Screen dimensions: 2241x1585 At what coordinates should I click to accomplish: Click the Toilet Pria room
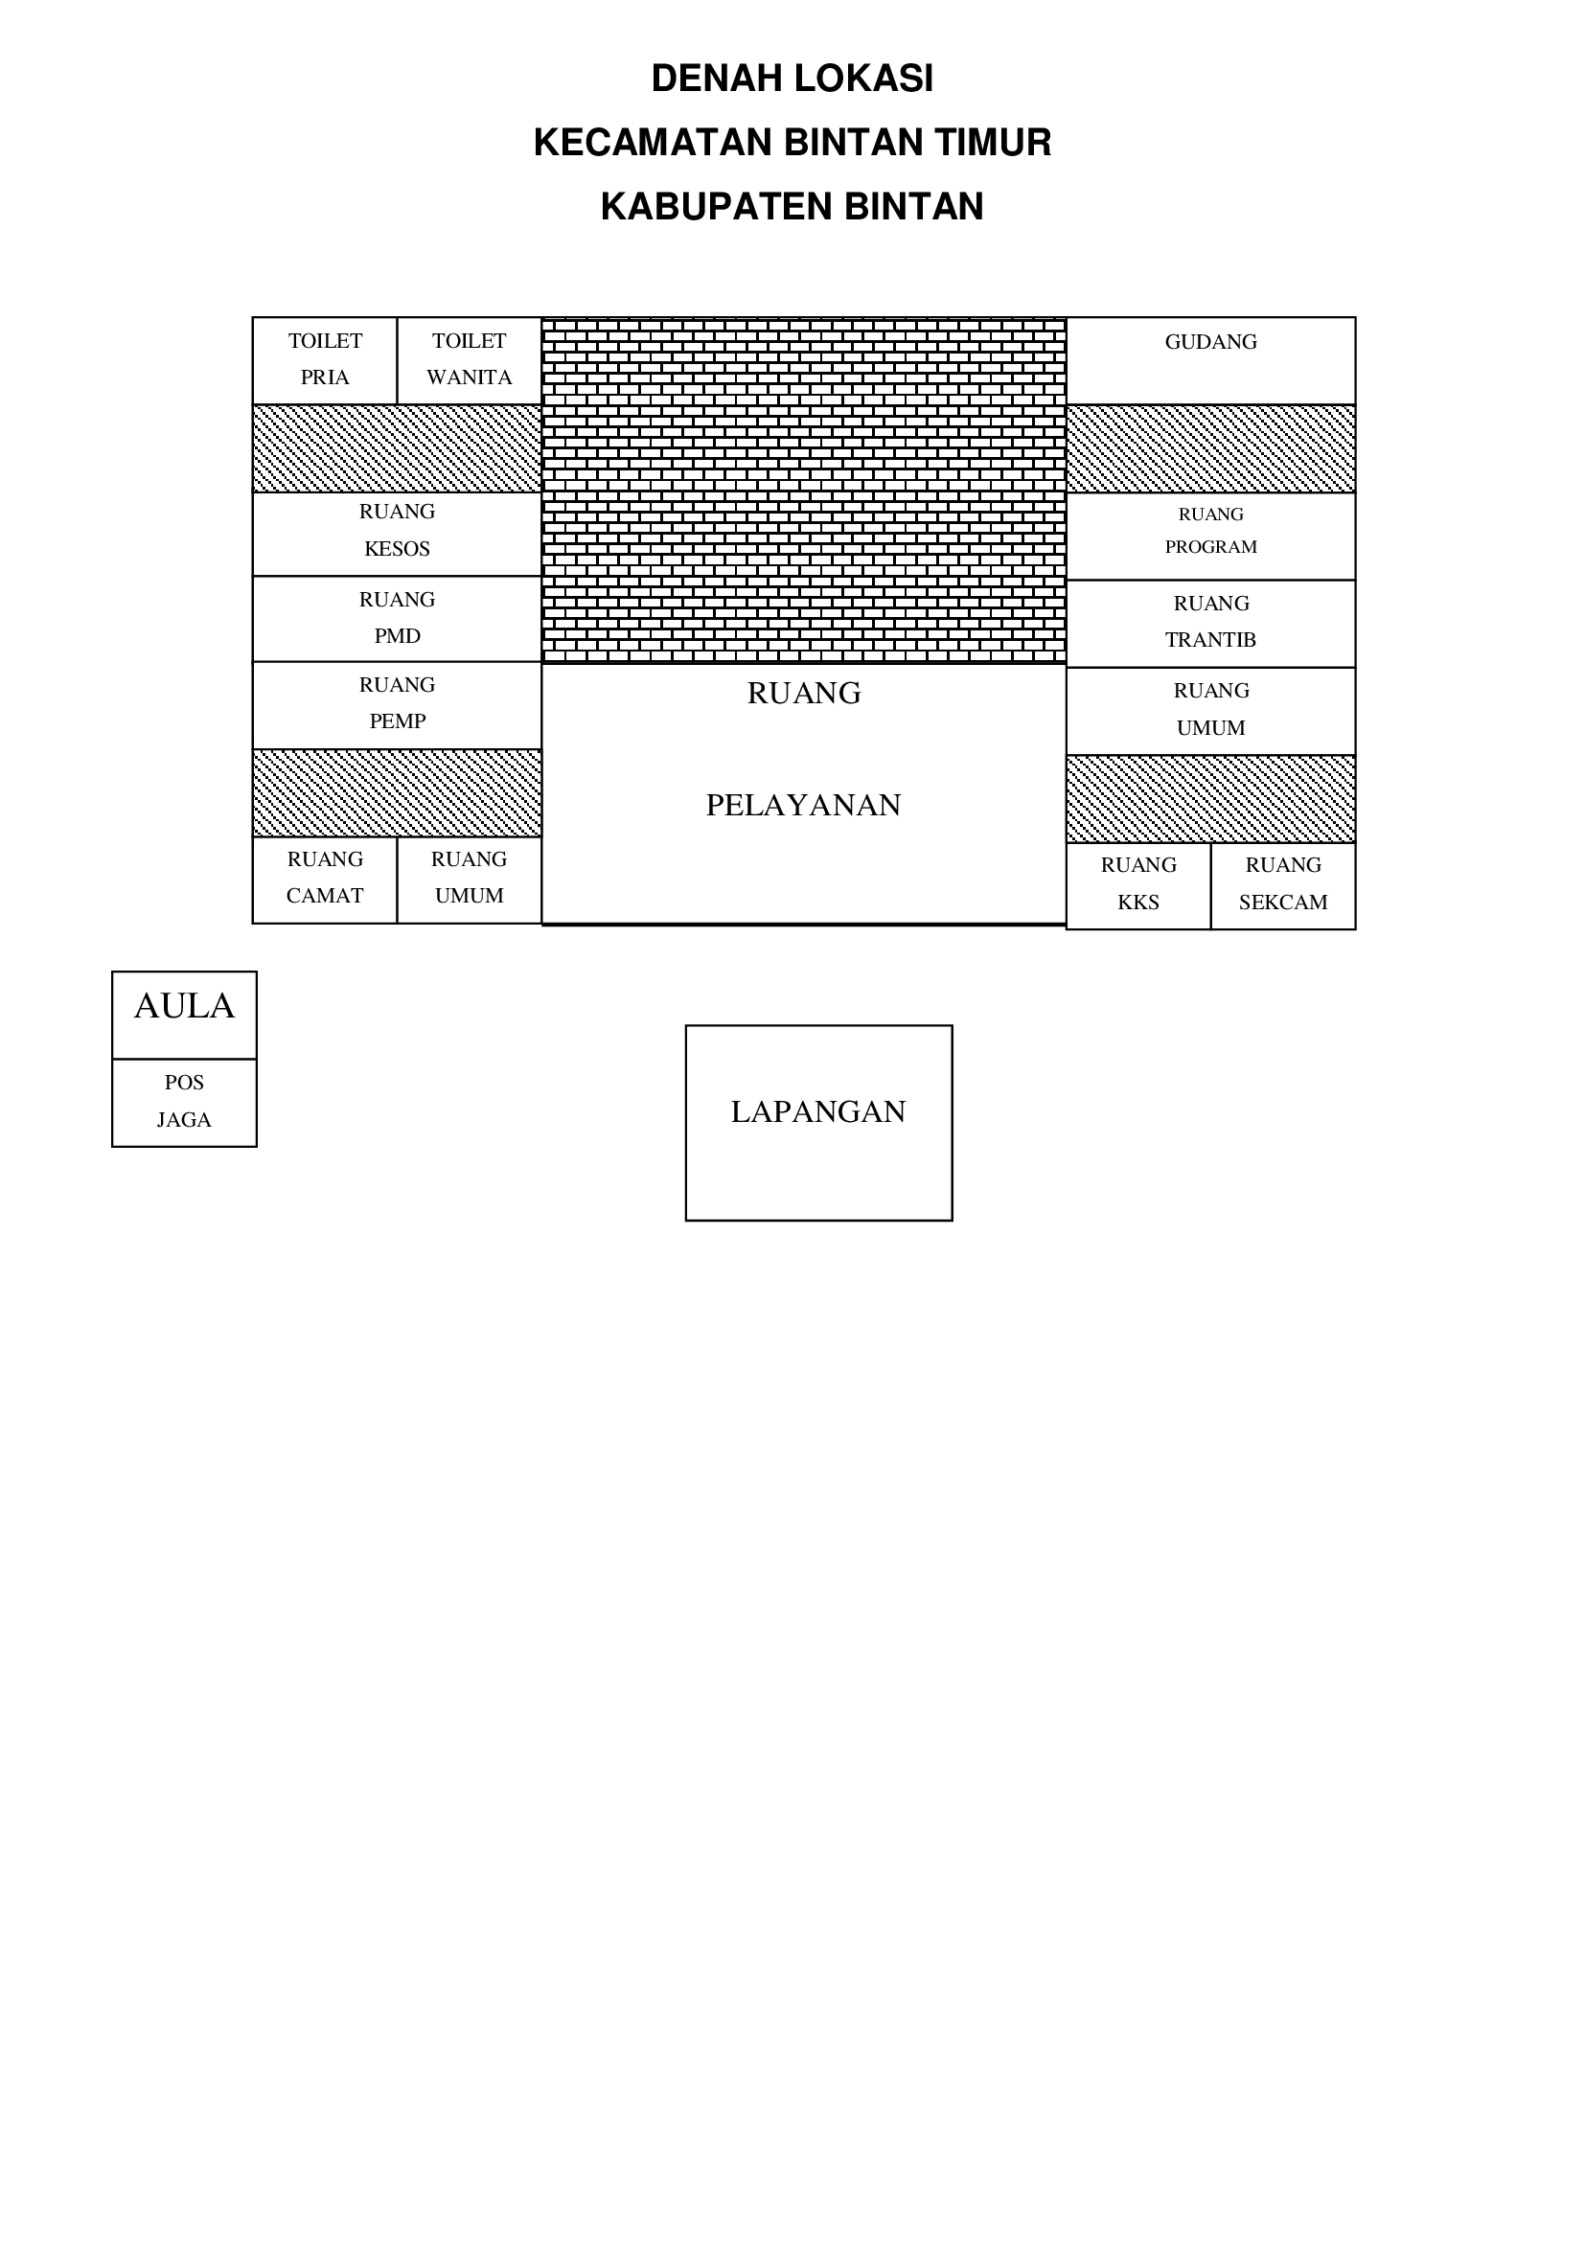pyautogui.click(x=324, y=359)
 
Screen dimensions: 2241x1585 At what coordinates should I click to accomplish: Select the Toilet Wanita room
pyautogui.click(x=469, y=359)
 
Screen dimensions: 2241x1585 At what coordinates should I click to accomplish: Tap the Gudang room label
pyautogui.click(x=1210, y=343)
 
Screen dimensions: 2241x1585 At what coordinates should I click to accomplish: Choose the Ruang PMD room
pyautogui.click(x=397, y=618)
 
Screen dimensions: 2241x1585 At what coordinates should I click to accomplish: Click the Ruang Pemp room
pyautogui.click(x=397, y=704)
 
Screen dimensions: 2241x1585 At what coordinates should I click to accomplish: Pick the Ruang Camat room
pyautogui.click(x=324, y=879)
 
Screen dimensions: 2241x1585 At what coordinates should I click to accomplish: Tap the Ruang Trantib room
pyautogui.click(x=1210, y=623)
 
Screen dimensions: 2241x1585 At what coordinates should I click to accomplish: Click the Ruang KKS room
pyautogui.click(x=1138, y=884)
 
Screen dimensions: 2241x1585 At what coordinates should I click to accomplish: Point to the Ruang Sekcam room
pyautogui.click(x=1282, y=884)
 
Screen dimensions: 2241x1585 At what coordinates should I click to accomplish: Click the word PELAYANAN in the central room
pyautogui.click(x=803, y=805)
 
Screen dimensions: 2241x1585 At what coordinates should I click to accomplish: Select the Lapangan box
pyautogui.click(x=817, y=1123)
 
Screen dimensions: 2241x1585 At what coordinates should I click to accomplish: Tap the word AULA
pyautogui.click(x=184, y=1006)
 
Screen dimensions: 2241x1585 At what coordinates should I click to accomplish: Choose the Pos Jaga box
pyautogui.click(x=184, y=1102)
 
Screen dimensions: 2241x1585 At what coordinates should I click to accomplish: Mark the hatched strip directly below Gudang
pyautogui.click(x=1210, y=449)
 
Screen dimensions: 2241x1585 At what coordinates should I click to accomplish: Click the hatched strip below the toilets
pyautogui.click(x=397, y=448)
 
